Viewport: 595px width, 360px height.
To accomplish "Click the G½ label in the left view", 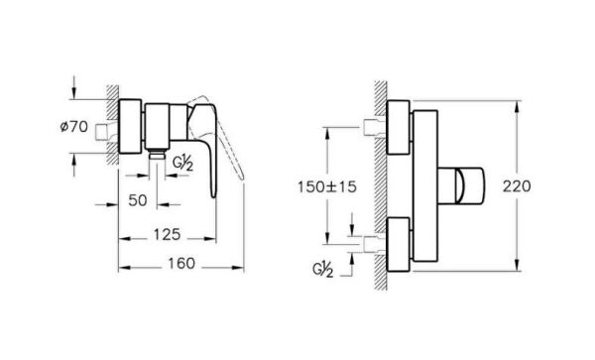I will pos(183,161).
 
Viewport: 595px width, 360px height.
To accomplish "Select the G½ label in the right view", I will pos(324,268).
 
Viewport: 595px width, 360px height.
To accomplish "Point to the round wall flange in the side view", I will pos(132,126).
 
